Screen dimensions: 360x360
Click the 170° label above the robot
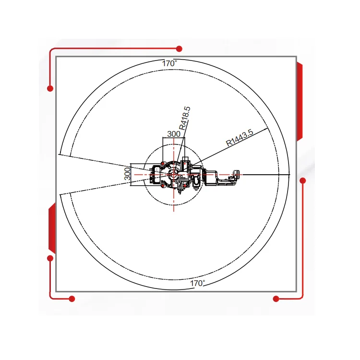(x=169, y=63)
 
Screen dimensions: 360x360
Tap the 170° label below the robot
(x=197, y=283)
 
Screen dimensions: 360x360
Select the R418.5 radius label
(x=185, y=118)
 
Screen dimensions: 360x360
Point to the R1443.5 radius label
(x=240, y=138)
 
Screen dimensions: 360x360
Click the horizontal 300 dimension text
(x=174, y=134)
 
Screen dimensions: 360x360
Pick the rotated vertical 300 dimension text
(x=127, y=174)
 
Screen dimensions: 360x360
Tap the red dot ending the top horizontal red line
(x=179, y=48)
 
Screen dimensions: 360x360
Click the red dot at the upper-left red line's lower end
(x=50, y=88)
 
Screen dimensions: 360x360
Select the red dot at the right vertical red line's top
(x=303, y=180)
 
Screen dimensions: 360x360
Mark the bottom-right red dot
(x=276, y=299)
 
